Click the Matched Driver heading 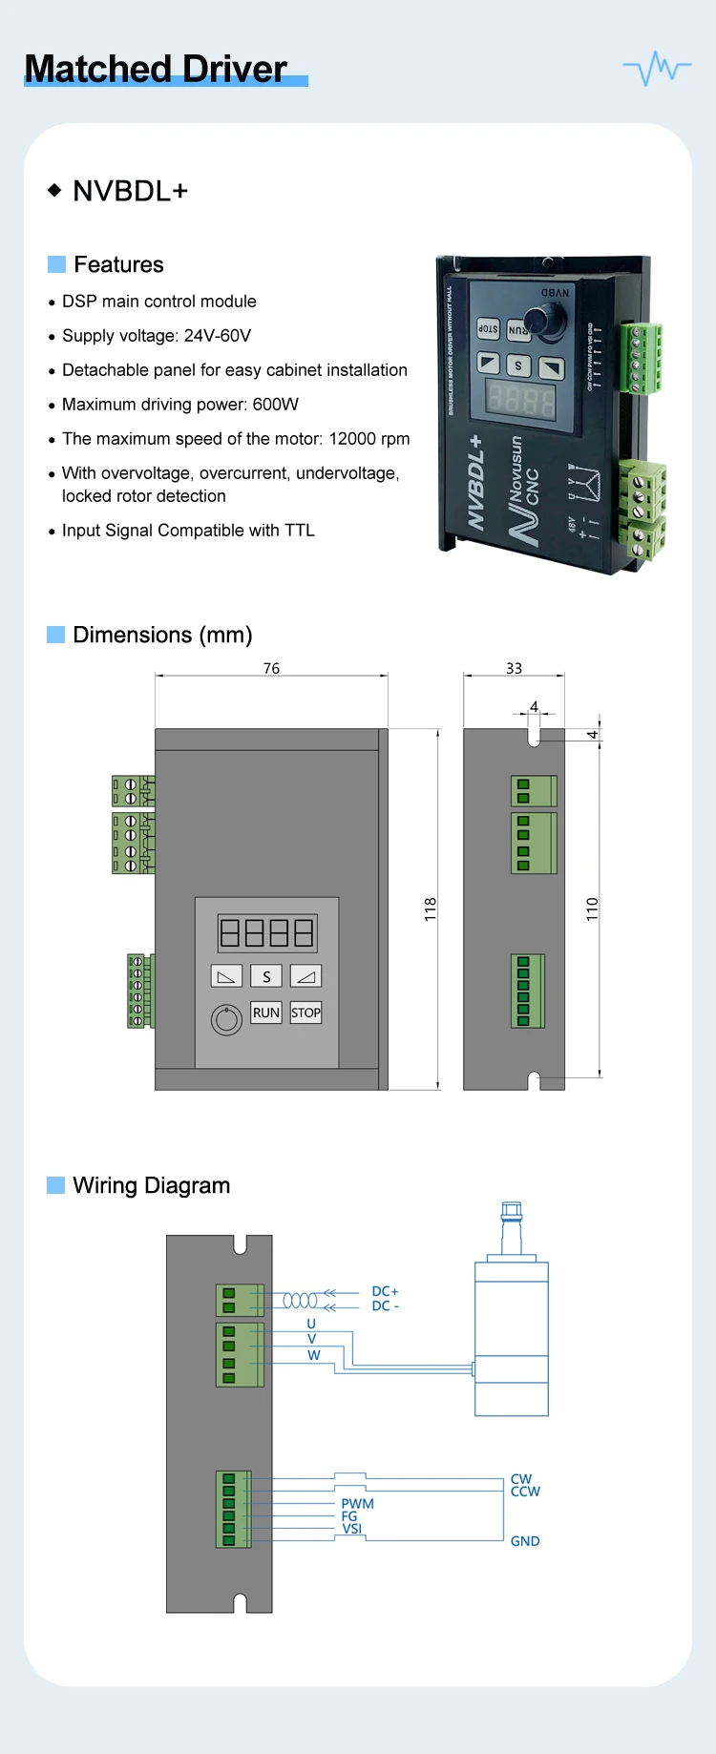point(156,69)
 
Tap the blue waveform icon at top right point(657,68)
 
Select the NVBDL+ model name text point(130,191)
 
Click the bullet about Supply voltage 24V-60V point(157,336)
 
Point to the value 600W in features point(276,405)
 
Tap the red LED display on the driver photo point(521,398)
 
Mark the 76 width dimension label point(271,668)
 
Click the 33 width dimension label point(514,668)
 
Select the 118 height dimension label point(431,908)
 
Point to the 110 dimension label point(592,908)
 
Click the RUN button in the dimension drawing point(266,1013)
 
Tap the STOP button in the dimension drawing point(305,1013)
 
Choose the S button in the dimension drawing point(266,976)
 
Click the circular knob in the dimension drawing point(226,1020)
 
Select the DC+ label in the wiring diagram point(385,1291)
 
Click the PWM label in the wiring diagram point(357,1503)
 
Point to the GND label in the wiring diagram point(525,1541)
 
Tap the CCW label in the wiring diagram point(525,1492)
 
